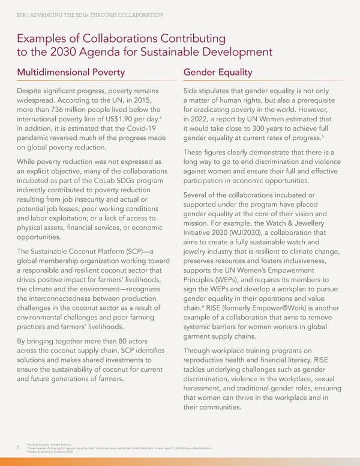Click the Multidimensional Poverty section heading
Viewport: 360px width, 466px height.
(75, 73)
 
